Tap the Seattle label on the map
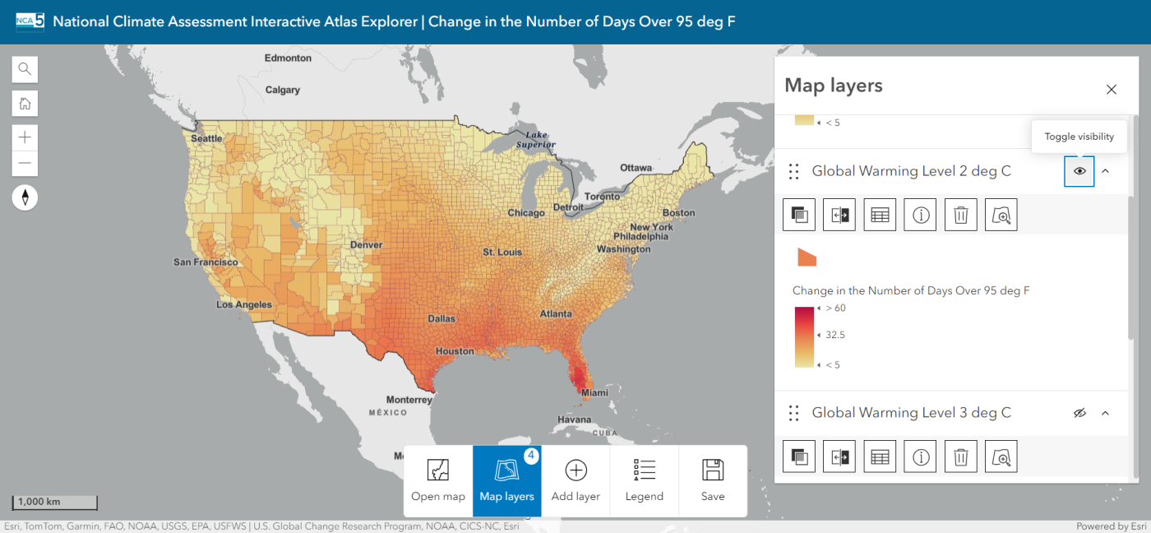tap(206, 138)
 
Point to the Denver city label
tap(366, 244)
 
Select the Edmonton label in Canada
tap(288, 58)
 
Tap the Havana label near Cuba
tap(574, 419)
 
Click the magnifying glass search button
tap(25, 69)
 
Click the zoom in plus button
tap(25, 137)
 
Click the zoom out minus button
tap(25, 163)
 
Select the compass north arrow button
tap(25, 197)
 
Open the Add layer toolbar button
tap(575, 481)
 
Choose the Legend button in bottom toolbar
tap(644, 481)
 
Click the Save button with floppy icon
tap(713, 481)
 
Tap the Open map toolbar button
tap(438, 481)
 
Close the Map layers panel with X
tap(1111, 90)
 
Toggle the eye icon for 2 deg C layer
tap(1079, 171)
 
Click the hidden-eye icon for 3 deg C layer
tap(1079, 413)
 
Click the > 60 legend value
tap(835, 308)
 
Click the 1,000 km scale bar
tap(54, 502)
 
